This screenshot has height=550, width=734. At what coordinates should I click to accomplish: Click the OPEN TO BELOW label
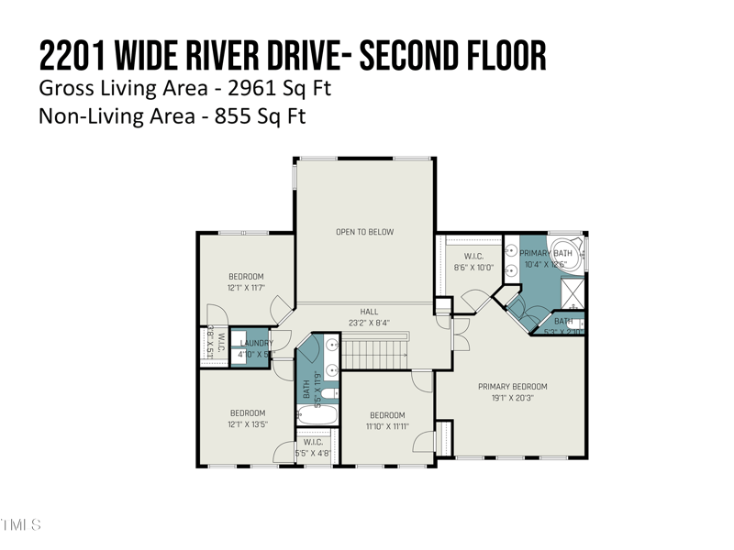(364, 232)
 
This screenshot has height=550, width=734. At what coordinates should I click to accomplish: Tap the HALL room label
(368, 312)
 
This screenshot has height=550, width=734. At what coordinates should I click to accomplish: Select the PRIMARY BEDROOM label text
(512, 387)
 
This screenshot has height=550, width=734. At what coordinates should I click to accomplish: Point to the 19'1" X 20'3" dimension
(512, 398)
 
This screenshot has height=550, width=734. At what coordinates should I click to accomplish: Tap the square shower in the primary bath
(574, 294)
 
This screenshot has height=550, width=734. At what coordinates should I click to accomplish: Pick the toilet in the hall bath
(329, 393)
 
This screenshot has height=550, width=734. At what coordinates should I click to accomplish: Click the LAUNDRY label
(257, 343)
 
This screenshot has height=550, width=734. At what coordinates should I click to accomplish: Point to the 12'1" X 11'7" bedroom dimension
(246, 288)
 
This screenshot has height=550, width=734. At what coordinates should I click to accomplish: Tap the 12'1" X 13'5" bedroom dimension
(247, 423)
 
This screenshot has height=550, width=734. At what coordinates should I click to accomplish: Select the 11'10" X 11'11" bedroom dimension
(386, 426)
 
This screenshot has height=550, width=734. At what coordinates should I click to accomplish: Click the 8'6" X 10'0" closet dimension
(473, 268)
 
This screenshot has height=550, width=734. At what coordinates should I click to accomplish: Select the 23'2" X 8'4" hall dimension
(368, 323)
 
